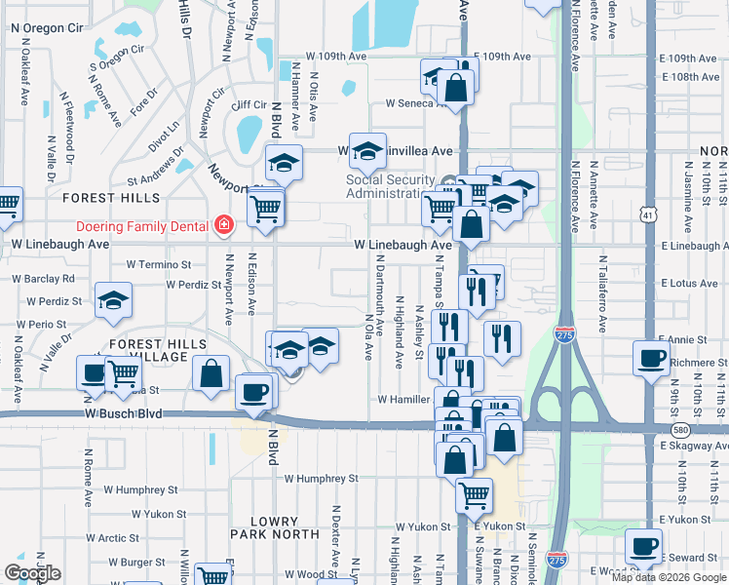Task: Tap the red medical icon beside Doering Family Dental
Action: pos(224,226)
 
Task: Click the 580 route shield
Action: pos(675,429)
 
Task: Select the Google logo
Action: pos(32,573)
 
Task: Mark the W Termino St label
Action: pos(159,264)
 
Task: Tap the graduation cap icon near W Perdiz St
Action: pos(114,301)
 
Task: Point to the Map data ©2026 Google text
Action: pos(669,577)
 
